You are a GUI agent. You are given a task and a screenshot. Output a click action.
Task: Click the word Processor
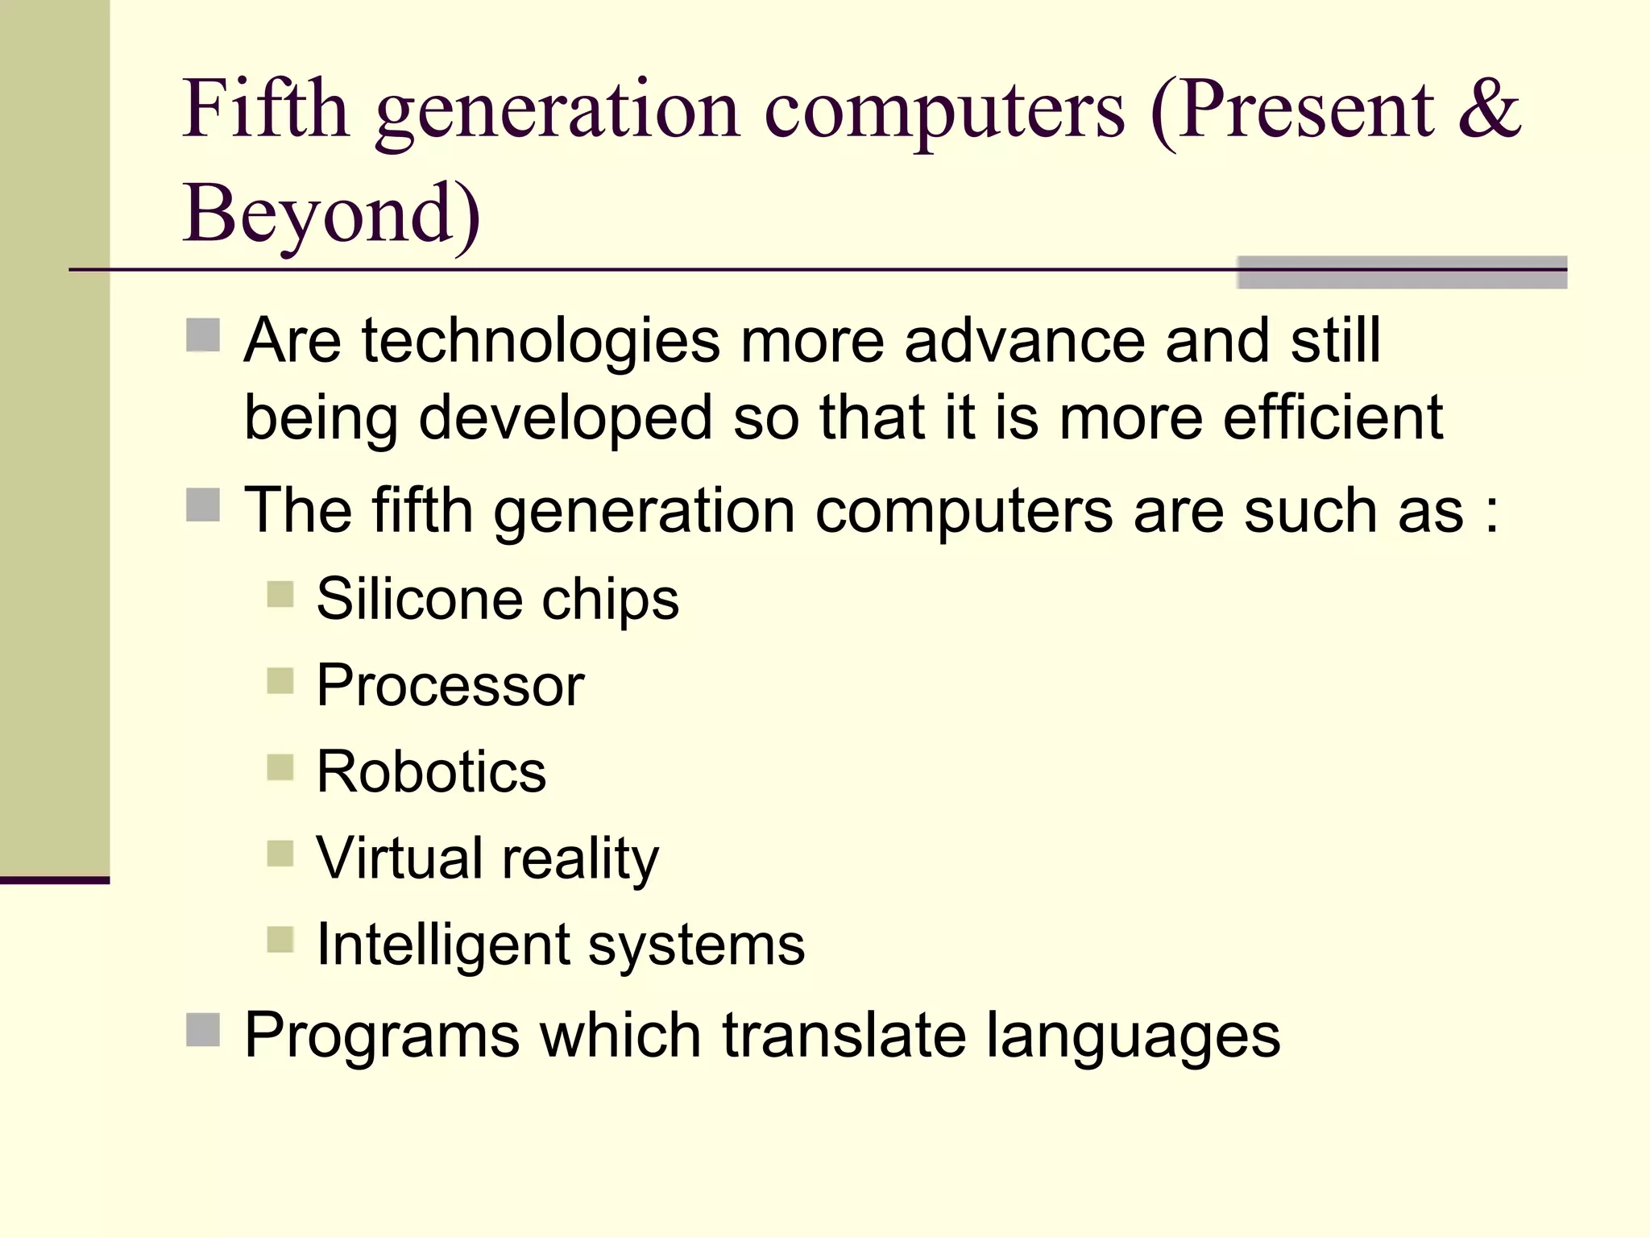click(450, 686)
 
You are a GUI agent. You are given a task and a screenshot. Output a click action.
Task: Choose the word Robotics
click(431, 771)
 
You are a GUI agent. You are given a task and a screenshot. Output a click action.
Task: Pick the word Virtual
click(399, 858)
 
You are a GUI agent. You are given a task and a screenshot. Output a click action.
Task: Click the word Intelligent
click(442, 945)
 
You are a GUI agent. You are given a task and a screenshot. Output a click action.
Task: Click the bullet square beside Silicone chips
click(280, 595)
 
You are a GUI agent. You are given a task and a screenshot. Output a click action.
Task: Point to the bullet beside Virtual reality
click(280, 854)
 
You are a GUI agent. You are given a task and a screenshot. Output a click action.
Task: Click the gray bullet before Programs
click(203, 1029)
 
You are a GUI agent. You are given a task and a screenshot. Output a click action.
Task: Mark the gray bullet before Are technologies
click(203, 335)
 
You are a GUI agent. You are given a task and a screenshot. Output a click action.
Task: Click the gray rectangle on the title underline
click(1402, 272)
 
